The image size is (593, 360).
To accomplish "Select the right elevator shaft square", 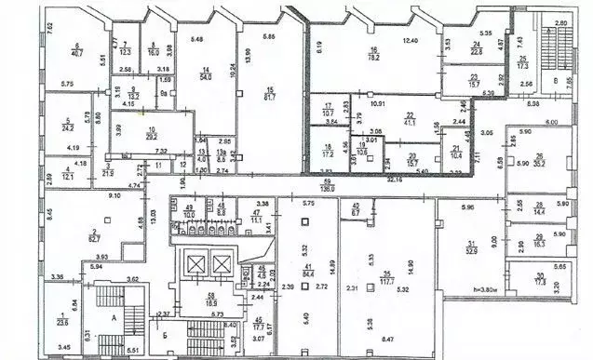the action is tap(220, 265).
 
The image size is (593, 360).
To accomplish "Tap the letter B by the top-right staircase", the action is tap(557, 82).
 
